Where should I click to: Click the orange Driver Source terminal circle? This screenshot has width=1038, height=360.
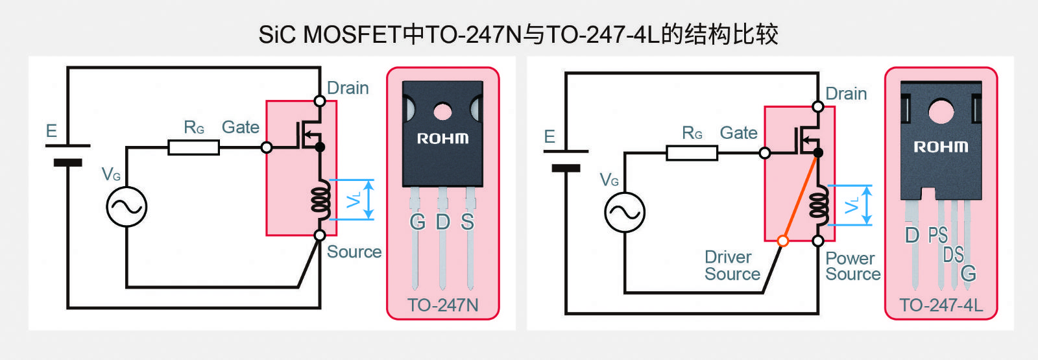(x=783, y=241)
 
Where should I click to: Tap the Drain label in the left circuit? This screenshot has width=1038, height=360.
(x=348, y=88)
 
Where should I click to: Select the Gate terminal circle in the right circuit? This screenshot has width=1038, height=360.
(x=765, y=153)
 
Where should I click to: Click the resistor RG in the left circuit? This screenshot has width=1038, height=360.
(x=194, y=148)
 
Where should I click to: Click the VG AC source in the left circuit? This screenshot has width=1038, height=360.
(x=127, y=207)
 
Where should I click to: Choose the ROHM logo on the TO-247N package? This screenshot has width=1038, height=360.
(x=442, y=139)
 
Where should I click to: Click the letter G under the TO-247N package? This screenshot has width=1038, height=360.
(x=418, y=222)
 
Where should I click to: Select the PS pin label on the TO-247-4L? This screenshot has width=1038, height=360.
(x=938, y=235)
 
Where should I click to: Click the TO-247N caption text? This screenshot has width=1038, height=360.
(x=442, y=306)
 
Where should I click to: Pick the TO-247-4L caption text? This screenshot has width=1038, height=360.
(x=941, y=306)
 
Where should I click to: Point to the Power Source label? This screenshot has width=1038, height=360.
(x=852, y=266)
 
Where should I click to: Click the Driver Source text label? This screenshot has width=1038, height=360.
(x=732, y=265)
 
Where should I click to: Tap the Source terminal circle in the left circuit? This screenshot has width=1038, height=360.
(x=320, y=235)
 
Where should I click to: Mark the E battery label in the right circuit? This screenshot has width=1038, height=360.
(x=549, y=137)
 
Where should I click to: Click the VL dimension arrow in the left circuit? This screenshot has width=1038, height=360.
(x=368, y=199)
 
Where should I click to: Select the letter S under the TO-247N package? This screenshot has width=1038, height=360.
(x=468, y=222)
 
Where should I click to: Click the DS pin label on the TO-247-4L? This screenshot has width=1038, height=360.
(x=954, y=255)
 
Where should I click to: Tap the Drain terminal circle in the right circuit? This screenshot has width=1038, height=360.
(x=818, y=107)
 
